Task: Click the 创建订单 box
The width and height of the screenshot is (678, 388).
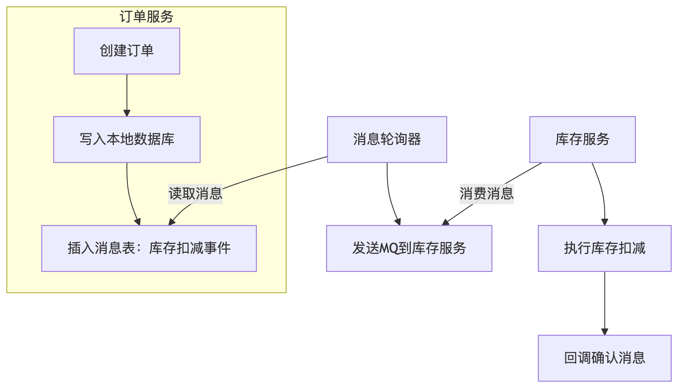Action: point(127,51)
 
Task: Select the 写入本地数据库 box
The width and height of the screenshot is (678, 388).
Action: point(127,139)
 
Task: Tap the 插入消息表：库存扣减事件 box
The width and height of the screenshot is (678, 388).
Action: point(149,248)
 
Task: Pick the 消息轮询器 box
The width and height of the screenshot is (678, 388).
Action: point(387,139)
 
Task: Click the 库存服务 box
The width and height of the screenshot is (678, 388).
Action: point(582,139)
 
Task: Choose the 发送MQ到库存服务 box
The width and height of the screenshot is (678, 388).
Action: point(409,248)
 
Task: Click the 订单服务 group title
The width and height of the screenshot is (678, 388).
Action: point(146,16)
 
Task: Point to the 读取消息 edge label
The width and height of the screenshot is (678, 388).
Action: point(195,194)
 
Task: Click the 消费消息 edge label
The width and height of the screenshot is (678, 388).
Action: point(486,194)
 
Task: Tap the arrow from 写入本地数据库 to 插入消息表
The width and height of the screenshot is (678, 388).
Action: point(129,193)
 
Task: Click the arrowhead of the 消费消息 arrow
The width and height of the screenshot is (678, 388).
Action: point(445,222)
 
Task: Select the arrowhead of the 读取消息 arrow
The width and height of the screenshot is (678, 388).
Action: point(171,222)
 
